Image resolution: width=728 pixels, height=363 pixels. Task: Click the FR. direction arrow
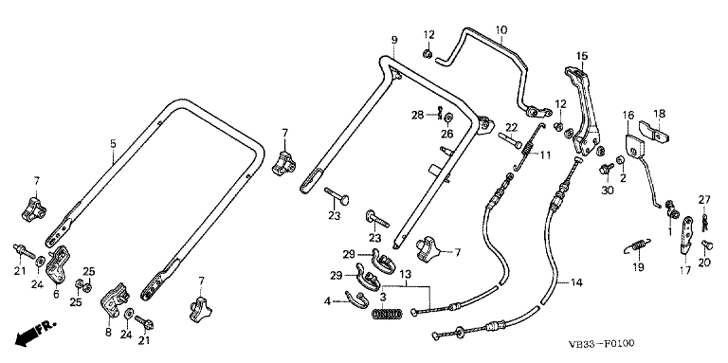35,333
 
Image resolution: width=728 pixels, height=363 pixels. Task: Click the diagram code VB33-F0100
602,344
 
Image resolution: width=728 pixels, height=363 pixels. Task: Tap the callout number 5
114,143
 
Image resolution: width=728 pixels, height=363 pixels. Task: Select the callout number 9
394,40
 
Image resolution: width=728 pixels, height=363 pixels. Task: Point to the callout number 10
501,30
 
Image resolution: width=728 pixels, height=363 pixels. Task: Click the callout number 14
576,282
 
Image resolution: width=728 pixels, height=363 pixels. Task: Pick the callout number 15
582,56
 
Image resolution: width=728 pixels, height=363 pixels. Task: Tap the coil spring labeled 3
388,315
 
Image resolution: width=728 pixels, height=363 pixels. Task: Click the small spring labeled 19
638,245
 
